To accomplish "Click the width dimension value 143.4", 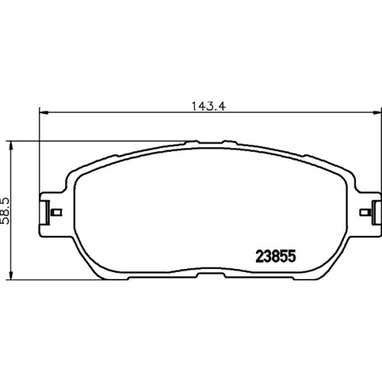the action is click(x=209, y=106).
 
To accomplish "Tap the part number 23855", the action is click(x=276, y=256).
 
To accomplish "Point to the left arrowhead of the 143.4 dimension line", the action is click(x=44, y=112).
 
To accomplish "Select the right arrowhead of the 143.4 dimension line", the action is click(x=377, y=112).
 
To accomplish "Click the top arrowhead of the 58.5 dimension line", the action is click(x=11, y=147).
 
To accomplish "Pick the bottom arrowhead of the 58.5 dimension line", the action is click(x=11, y=274).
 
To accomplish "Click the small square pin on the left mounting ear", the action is click(x=57, y=212).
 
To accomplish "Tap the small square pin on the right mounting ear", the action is click(x=364, y=212).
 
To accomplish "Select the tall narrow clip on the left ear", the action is click(x=47, y=212).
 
